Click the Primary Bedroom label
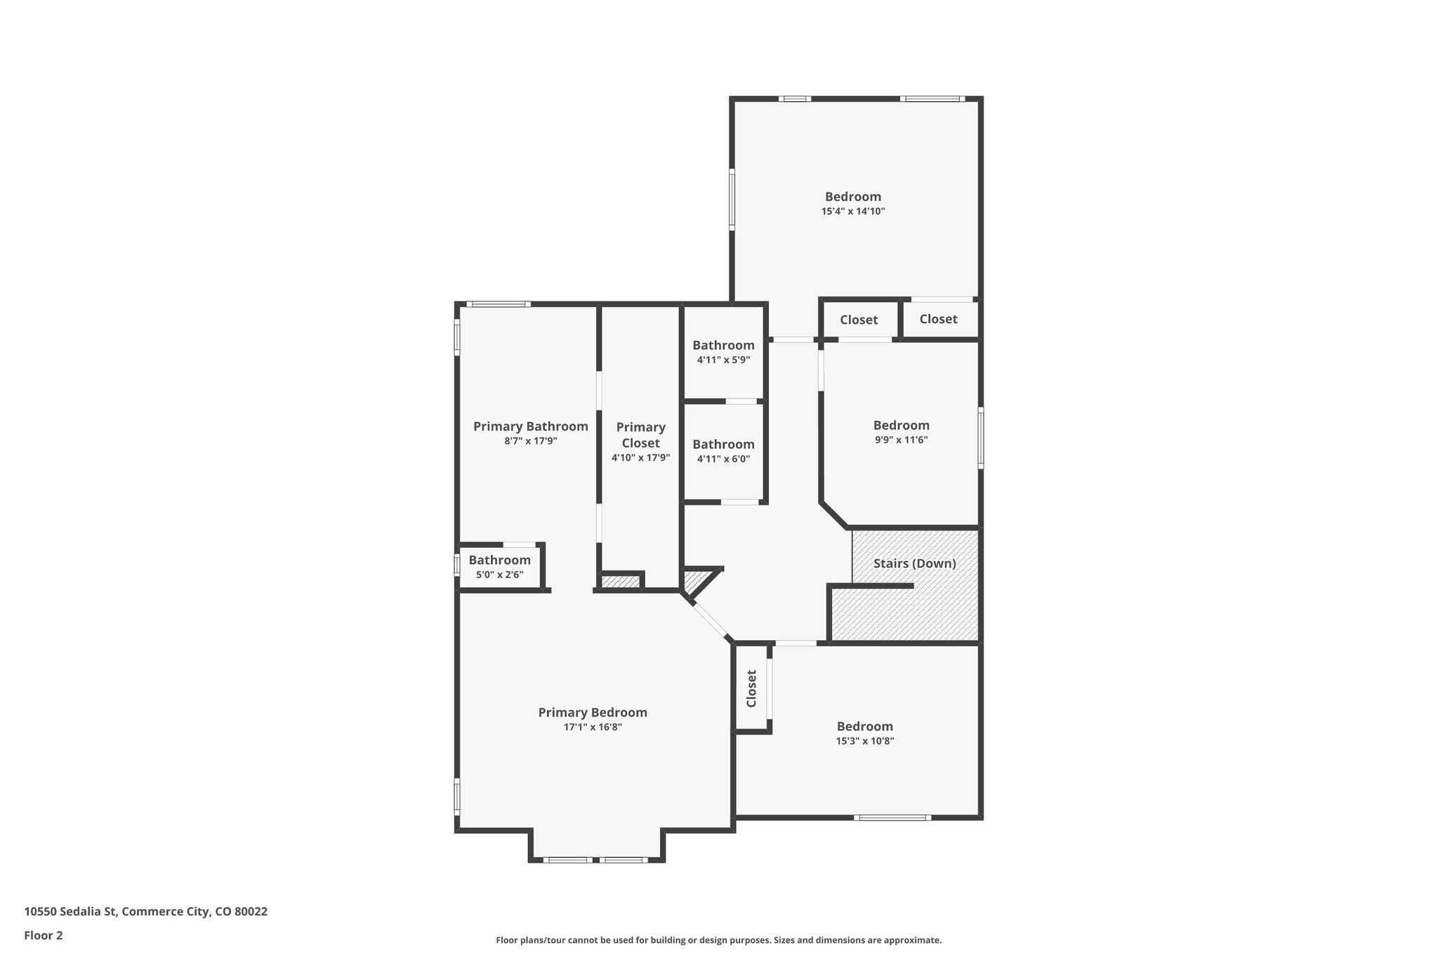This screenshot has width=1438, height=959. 593,712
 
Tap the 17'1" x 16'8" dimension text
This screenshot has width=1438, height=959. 593,727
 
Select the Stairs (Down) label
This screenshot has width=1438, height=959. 914,563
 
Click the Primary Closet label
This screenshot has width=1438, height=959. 640,435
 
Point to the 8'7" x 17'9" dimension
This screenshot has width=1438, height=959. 530,441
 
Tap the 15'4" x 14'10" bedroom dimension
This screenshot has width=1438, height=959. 852,211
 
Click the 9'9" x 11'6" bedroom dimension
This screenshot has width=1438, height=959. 901,440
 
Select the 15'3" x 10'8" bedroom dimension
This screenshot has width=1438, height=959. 864,741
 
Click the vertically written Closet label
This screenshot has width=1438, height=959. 751,689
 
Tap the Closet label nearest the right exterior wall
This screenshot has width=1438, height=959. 938,319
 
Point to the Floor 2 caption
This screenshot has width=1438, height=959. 44,935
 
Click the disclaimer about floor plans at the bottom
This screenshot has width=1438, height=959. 718,940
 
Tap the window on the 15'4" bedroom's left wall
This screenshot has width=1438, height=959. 732,199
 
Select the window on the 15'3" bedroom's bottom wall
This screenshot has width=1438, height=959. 892,817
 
